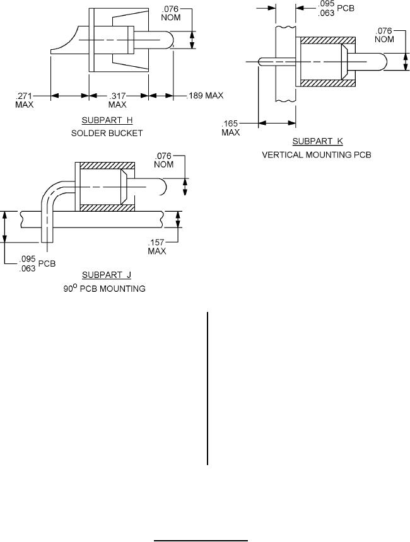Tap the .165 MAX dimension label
click(231, 127)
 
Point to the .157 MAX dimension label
click(157, 246)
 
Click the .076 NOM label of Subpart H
click(170, 14)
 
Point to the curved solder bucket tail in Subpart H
click(66, 41)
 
